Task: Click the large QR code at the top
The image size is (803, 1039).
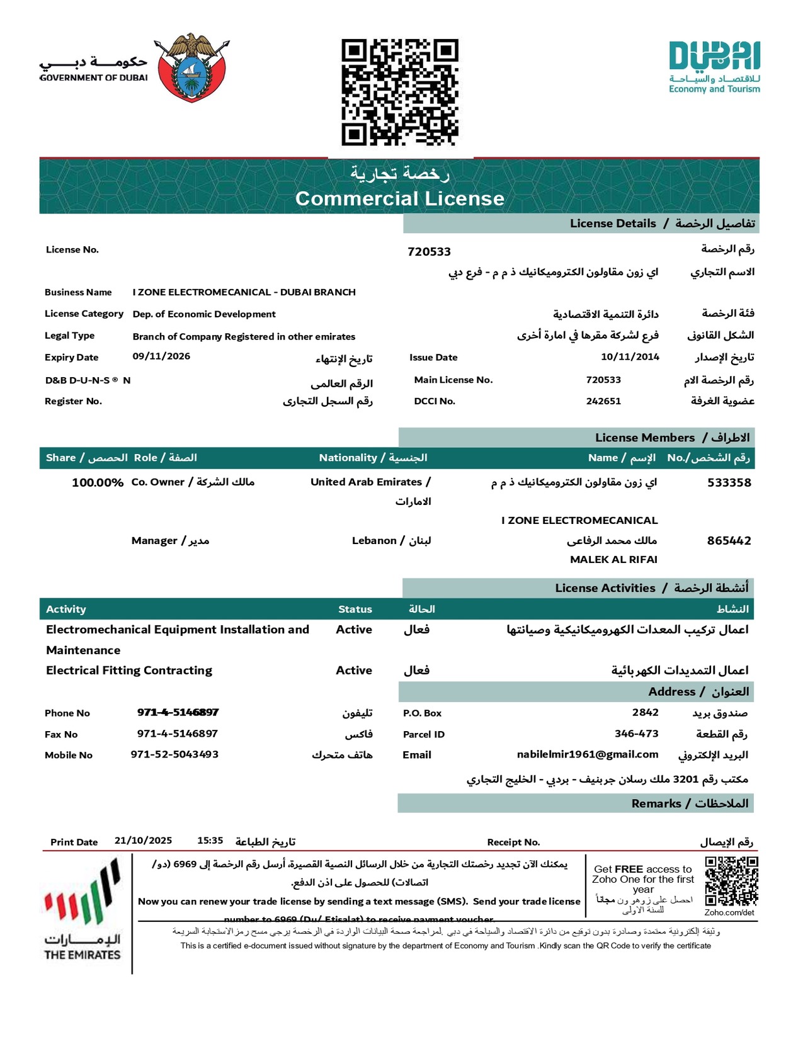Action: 400,92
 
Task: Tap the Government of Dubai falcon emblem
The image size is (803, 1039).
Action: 192,68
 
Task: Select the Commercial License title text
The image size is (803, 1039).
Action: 400,198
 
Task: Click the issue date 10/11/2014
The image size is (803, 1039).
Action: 630,357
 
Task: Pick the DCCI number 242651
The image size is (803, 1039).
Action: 603,401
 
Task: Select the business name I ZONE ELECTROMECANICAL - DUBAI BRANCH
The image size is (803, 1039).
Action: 244,292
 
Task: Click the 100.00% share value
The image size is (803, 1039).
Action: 98,483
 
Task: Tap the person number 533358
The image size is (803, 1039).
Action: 729,483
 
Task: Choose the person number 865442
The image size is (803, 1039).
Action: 729,540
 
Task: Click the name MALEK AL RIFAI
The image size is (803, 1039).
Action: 613,559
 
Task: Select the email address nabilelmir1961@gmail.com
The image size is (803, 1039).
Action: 588,754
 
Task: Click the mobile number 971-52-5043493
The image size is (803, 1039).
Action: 174,754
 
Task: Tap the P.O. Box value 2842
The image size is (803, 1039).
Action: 645,712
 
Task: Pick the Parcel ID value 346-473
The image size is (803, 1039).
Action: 636,734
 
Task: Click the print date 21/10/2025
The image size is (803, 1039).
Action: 143,841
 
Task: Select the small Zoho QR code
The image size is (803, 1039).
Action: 731,881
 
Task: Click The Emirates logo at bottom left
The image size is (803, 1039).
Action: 83,909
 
